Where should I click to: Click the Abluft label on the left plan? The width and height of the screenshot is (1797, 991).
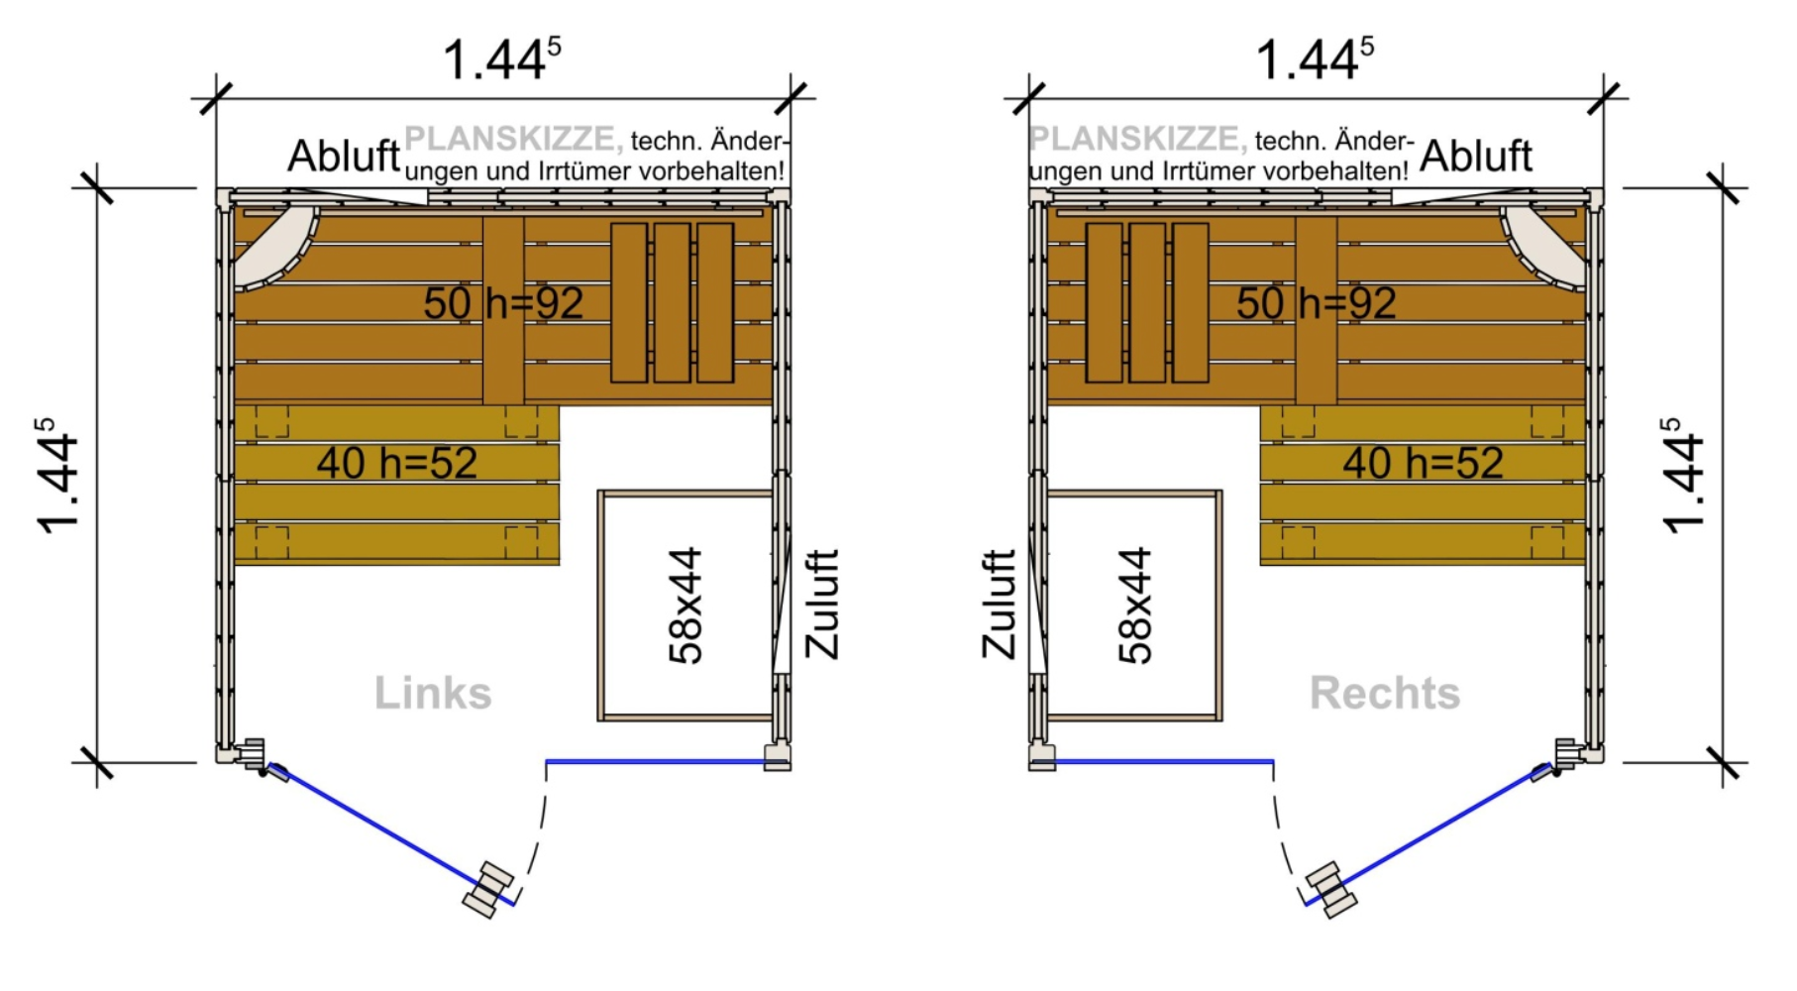click(344, 156)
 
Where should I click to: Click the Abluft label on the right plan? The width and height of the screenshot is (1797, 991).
click(1475, 156)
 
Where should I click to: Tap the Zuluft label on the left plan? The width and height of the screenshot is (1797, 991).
click(822, 605)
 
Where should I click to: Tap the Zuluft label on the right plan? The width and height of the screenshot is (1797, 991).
click(999, 605)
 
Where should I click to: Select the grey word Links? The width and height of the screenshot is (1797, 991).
click(433, 693)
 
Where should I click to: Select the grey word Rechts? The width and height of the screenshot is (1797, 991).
click(1384, 693)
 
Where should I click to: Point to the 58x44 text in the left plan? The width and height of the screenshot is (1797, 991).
click(686, 605)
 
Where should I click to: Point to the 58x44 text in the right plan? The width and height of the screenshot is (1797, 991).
click(1135, 605)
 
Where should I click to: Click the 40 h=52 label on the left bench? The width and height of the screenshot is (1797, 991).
click(396, 463)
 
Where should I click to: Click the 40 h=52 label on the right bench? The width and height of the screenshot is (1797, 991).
click(1423, 463)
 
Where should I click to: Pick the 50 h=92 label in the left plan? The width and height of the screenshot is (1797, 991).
click(503, 303)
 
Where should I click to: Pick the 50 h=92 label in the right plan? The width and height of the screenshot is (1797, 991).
click(1316, 303)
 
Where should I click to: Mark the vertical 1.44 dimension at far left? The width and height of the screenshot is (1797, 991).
click(57, 476)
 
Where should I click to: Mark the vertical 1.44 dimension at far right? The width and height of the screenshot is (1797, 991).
click(1683, 476)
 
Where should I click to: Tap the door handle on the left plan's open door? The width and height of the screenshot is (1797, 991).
click(488, 889)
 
